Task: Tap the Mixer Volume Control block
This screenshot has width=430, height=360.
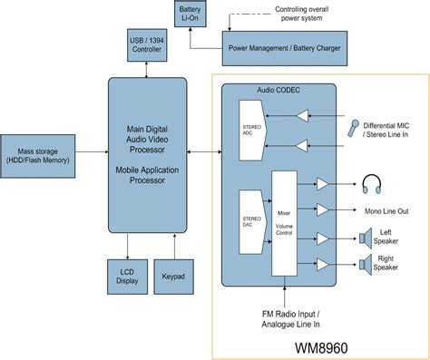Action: click(285, 222)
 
